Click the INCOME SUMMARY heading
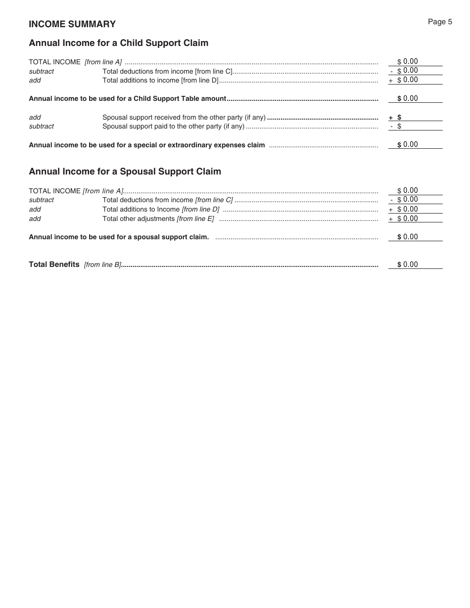72,24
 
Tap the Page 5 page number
440,22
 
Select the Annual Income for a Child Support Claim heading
119,43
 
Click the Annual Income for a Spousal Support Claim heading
125,172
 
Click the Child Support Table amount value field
416,98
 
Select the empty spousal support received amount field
421,117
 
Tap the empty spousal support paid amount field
421,127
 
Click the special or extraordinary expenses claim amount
416,144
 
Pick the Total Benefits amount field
416,264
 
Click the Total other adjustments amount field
416,218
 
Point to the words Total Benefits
54,264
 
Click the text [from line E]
195,218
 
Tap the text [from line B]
102,264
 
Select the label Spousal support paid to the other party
173,127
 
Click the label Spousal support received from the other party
184,118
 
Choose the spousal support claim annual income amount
416,237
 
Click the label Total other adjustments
139,218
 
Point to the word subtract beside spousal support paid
41,127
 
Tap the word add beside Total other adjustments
35,218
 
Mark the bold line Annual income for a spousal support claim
119,237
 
